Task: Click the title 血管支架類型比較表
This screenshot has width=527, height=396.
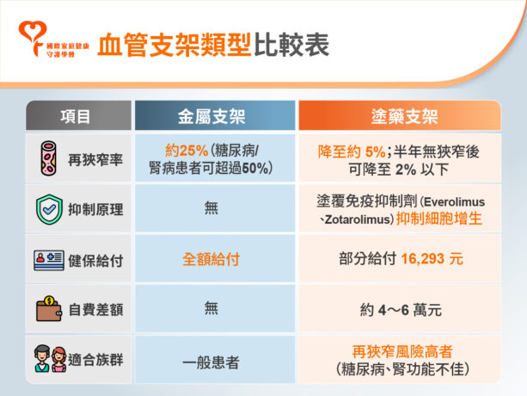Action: [x=213, y=45]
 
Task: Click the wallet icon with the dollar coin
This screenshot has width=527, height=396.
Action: [x=49, y=308]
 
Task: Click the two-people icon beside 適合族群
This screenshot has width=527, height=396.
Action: [x=49, y=358]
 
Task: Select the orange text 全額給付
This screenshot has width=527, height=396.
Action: [x=211, y=258]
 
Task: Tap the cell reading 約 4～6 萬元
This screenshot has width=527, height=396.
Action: [x=399, y=309]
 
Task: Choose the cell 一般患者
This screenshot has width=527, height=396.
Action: [x=211, y=359]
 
